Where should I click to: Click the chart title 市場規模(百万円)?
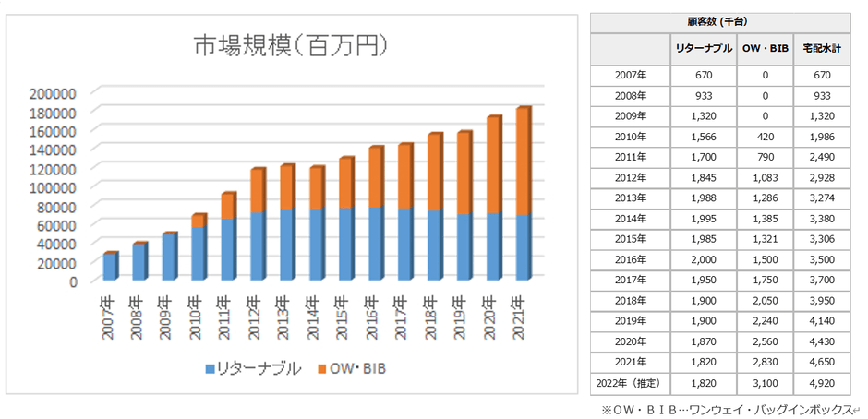(288, 45)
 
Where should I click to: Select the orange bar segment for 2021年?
(523, 162)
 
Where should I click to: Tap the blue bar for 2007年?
(110, 266)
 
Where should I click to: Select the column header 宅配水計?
(821, 48)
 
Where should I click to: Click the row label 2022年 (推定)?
(631, 380)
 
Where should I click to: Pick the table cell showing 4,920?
(821, 380)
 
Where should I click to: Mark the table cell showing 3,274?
(821, 198)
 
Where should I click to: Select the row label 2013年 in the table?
(631, 198)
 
